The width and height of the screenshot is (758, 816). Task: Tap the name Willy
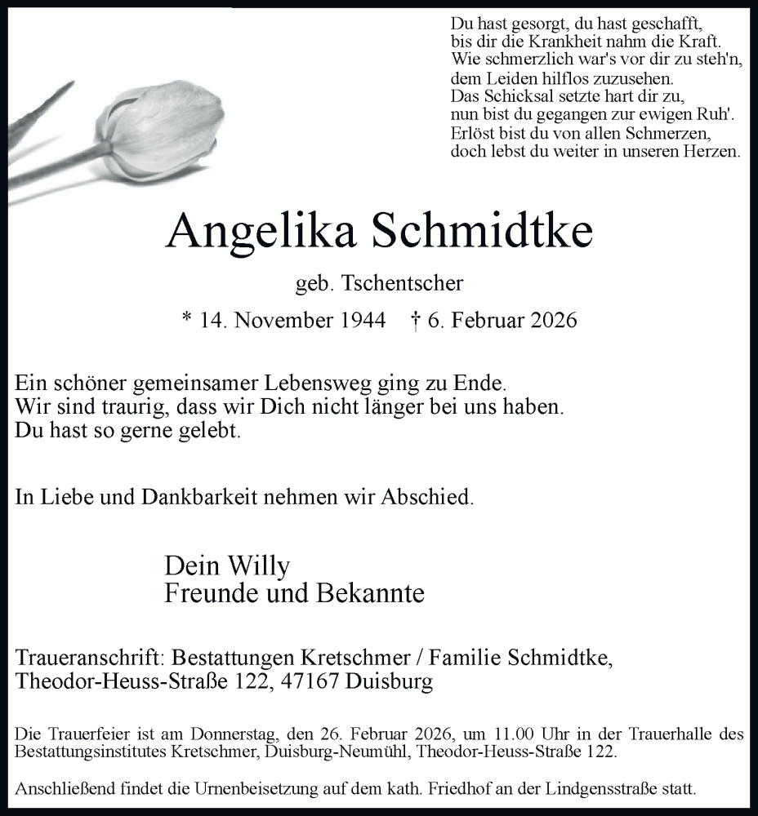tap(259, 565)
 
